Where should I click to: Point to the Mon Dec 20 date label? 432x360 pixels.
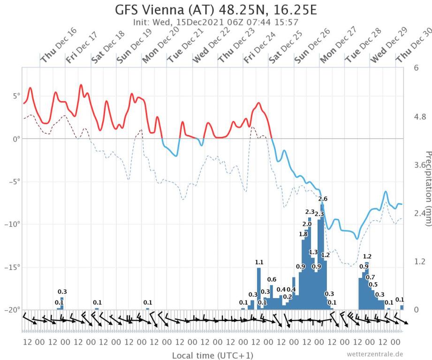coord(160,49)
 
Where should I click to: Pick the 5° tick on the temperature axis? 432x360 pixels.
coord(13,96)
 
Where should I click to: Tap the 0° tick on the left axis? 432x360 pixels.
coord(14,139)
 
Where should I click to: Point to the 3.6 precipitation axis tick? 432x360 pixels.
coord(419,165)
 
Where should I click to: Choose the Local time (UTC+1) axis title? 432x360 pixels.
coord(213,355)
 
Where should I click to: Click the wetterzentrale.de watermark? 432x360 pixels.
coord(375,354)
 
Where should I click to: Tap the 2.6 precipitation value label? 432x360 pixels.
coord(323,199)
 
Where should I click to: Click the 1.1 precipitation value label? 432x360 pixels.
coord(259,262)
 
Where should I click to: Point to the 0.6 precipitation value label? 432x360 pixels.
coord(272,280)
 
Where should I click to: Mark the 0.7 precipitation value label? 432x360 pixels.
coord(370,277)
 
